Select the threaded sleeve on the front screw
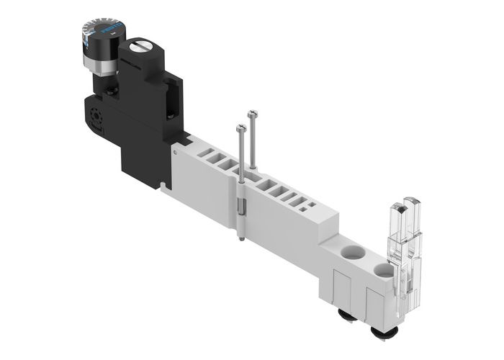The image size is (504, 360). click(x=243, y=213)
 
